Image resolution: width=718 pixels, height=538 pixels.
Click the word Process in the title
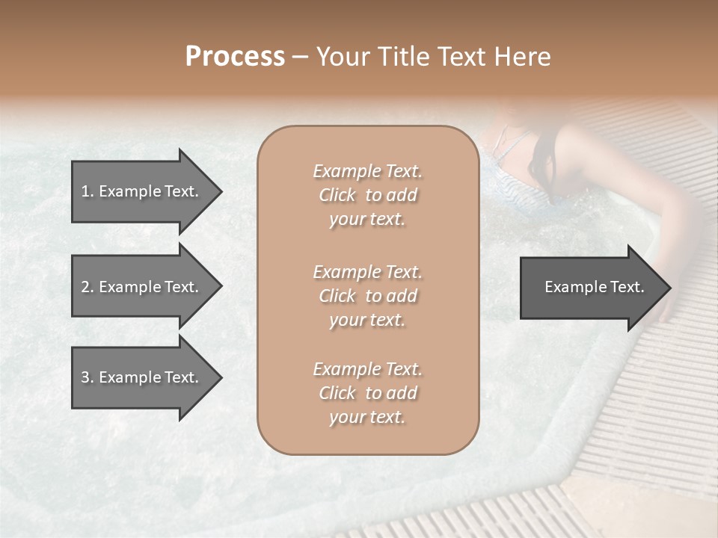[235, 57]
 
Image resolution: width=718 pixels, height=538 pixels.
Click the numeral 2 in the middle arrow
[85, 287]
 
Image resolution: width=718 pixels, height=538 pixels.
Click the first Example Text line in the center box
[367, 171]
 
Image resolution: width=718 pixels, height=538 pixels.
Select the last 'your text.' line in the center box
[367, 418]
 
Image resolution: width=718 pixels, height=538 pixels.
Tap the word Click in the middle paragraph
[337, 296]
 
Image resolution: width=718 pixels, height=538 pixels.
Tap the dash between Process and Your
[300, 57]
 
